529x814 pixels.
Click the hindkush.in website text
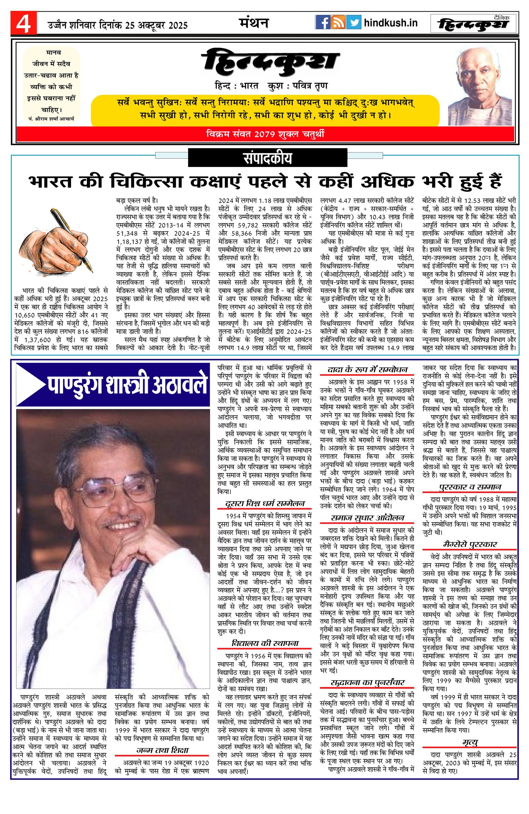pyautogui.click(x=390, y=23)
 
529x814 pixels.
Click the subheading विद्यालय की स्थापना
pyautogui.click(x=265, y=643)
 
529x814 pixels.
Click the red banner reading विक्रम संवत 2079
pyautogui.click(x=265, y=134)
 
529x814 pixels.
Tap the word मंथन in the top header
pyautogui.click(x=253, y=23)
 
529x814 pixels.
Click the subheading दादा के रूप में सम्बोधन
pyautogui.click(x=367, y=369)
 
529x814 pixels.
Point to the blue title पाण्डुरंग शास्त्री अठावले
pyautogui.click(x=127, y=386)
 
